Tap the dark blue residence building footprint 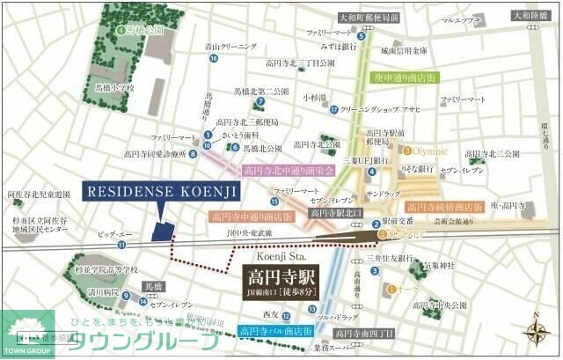point(162,231)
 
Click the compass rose point(537,332)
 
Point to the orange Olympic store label point(430,150)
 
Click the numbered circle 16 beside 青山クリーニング point(214,59)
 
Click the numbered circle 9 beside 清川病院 point(127,296)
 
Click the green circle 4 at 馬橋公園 point(121,28)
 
